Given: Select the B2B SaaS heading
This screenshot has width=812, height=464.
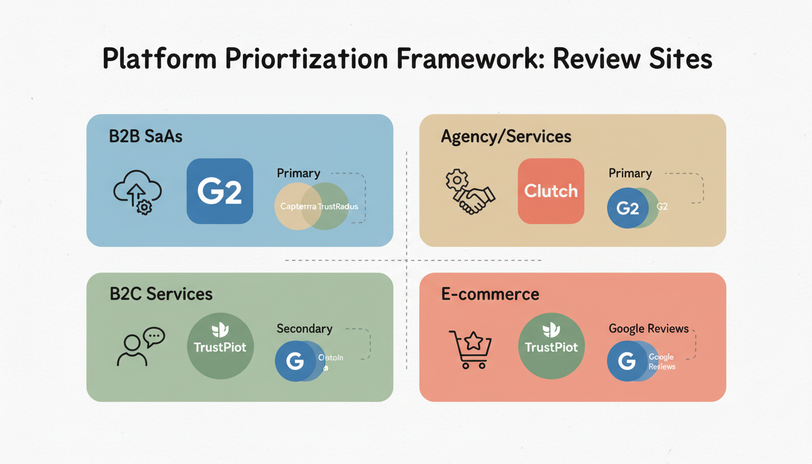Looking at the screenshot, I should (x=146, y=137).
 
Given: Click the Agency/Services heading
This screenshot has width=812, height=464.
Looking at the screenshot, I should (x=506, y=137).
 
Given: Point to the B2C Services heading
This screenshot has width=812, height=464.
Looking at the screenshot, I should (x=161, y=294).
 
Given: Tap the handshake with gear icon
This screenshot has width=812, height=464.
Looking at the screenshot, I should (x=469, y=192).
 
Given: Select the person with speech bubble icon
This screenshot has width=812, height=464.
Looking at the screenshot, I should (x=140, y=347).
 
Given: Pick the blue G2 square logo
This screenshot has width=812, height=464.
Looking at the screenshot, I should (x=220, y=192).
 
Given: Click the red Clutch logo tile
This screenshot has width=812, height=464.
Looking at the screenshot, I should (x=551, y=192).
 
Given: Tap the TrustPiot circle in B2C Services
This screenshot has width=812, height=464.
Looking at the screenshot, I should (x=220, y=346).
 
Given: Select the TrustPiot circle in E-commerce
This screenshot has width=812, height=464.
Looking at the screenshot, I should (x=551, y=346).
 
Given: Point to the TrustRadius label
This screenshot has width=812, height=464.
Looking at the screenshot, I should (x=337, y=207).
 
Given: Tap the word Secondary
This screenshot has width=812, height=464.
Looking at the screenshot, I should (x=304, y=329).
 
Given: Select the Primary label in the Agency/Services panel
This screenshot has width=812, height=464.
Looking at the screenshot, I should (x=630, y=173).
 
